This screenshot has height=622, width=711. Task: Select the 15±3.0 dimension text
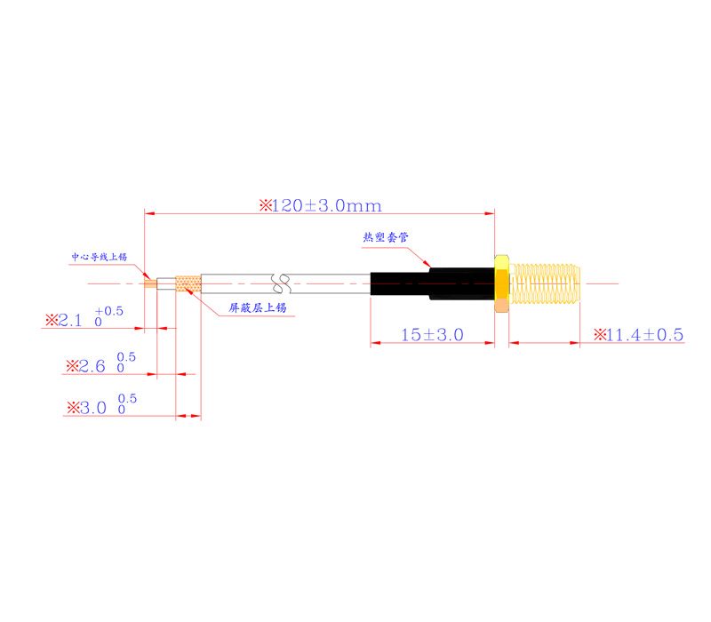431,335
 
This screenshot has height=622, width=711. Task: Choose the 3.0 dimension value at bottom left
93,409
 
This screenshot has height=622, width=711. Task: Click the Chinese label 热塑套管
385,237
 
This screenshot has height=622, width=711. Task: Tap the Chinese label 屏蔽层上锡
258,307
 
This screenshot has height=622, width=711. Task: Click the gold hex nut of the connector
502,283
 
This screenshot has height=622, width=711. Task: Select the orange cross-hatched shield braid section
188,284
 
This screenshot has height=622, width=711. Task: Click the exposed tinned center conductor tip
150,283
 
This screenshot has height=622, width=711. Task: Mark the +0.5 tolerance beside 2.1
113,310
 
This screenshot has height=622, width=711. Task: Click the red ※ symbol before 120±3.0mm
264,205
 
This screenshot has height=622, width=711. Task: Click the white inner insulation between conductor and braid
167,284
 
